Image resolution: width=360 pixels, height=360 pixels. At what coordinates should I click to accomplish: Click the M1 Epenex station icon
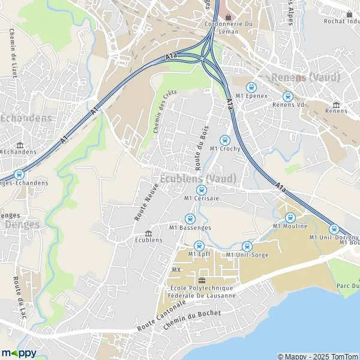point(251,87)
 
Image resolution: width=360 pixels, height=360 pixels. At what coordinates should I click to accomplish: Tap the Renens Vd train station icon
point(287,96)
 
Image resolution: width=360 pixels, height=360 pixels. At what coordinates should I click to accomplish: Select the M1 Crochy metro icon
point(226,140)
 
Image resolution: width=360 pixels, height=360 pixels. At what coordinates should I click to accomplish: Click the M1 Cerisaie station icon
point(200,190)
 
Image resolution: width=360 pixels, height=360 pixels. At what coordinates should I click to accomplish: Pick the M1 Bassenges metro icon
point(190,219)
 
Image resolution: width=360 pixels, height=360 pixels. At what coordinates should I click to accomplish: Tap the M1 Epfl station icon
point(199,245)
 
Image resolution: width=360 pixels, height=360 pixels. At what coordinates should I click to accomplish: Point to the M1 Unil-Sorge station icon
point(247,247)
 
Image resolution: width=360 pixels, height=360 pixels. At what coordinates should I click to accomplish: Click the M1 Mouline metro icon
point(290,218)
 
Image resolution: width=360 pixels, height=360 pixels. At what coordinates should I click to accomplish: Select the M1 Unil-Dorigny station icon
point(334,229)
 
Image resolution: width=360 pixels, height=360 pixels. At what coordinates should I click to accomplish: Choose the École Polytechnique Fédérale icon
point(202,280)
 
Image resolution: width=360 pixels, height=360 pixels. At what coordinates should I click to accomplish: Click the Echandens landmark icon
point(20,145)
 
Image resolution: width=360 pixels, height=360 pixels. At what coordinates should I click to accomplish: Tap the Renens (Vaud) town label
point(305,77)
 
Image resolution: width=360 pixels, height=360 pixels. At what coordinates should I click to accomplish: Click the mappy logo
point(19,353)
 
